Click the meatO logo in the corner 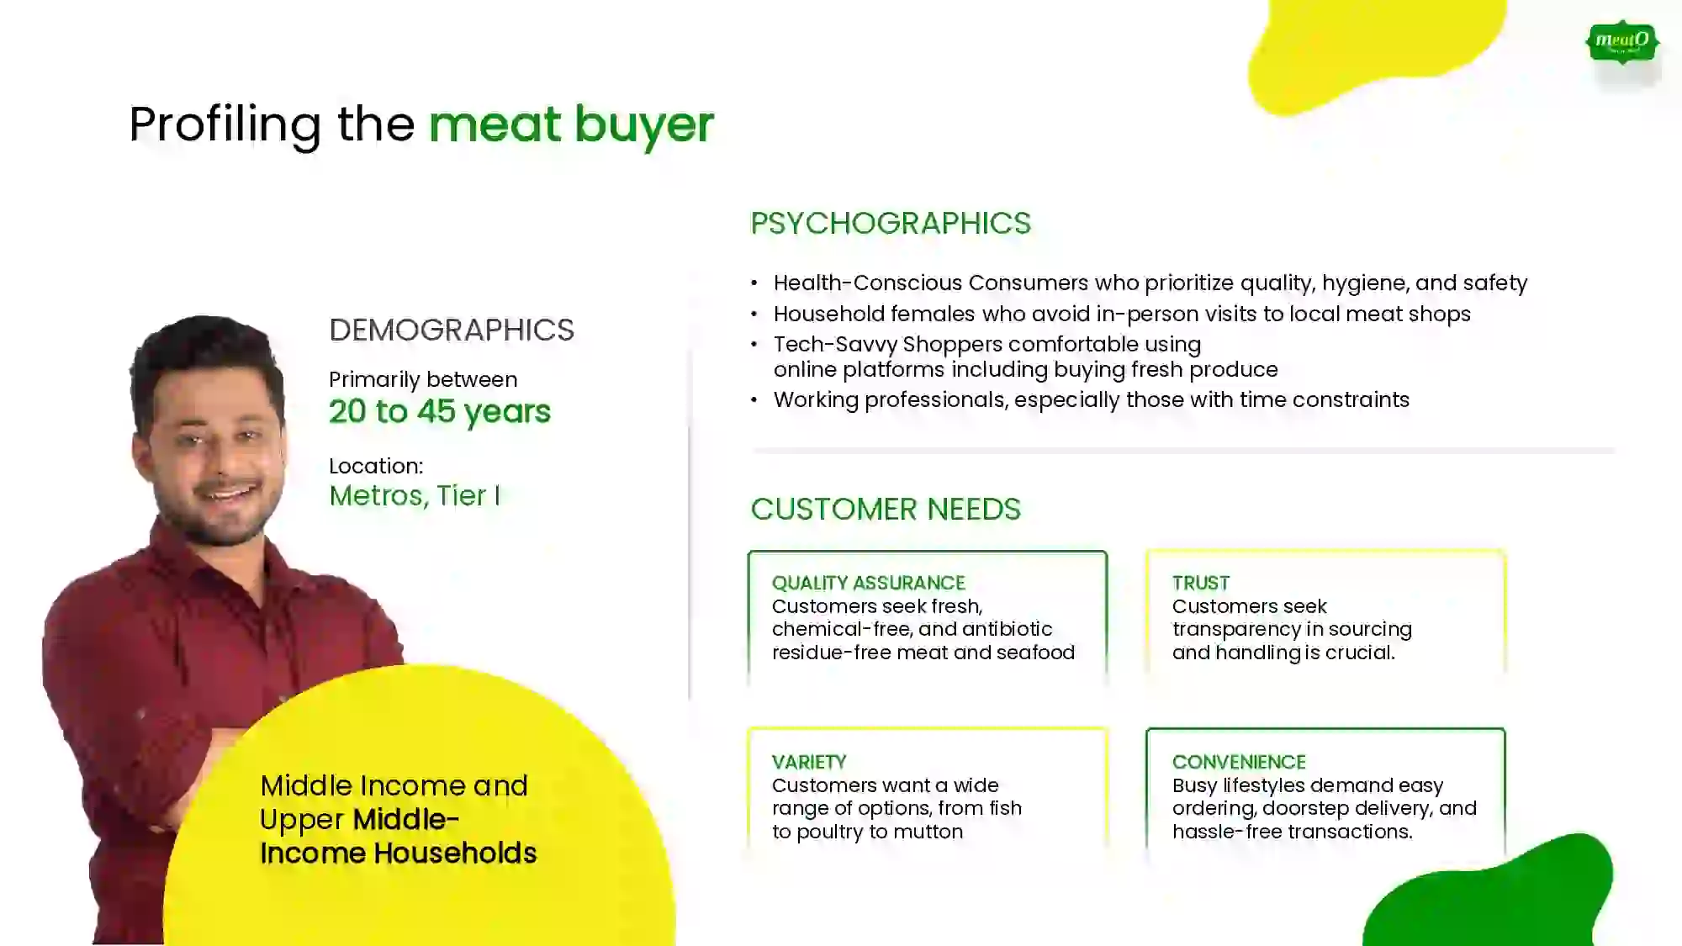click(1622, 42)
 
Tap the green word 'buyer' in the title click(644, 124)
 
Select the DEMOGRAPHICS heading click(452, 330)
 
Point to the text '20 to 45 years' click(440, 411)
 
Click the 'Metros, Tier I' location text click(415, 495)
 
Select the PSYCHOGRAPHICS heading click(891, 223)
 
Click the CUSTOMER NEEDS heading click(886, 509)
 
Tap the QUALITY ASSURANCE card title click(869, 583)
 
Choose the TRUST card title click(1201, 583)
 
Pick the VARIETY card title click(809, 762)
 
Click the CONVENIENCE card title click(1240, 762)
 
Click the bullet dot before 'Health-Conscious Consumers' click(754, 283)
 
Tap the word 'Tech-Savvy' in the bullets click(834, 345)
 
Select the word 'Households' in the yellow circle click(455, 853)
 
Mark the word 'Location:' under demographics click(376, 466)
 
